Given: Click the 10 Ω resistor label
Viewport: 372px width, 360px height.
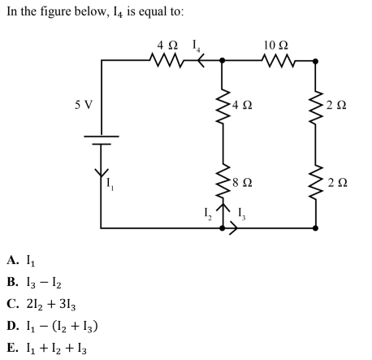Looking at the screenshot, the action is pyautogui.click(x=276, y=46).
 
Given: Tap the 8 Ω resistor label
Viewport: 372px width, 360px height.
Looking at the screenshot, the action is pyautogui.click(x=242, y=182).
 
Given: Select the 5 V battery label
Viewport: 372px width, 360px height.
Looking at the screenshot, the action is pyautogui.click(x=84, y=105).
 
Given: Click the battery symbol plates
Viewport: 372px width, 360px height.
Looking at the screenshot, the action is pyautogui.click(x=102, y=140).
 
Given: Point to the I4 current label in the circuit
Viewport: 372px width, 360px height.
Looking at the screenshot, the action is pyautogui.click(x=197, y=46).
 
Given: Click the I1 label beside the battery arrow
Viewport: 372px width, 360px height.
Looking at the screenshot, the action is pyautogui.click(x=110, y=184).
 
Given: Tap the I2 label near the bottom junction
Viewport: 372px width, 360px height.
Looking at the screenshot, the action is pyautogui.click(x=208, y=214).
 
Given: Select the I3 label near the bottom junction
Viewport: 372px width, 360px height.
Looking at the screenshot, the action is pyautogui.click(x=242, y=214).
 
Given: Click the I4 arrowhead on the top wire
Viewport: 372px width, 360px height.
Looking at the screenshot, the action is pyautogui.click(x=201, y=60).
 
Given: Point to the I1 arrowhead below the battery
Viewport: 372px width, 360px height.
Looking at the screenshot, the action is pyautogui.click(x=102, y=172).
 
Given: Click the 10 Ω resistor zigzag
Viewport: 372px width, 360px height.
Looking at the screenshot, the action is pyautogui.click(x=278, y=61).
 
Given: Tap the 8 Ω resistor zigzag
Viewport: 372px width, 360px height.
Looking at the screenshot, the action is pyautogui.click(x=223, y=180).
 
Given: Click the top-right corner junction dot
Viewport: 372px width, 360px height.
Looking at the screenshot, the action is pyautogui.click(x=315, y=61).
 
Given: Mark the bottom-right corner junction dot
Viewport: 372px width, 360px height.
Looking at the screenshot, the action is pyautogui.click(x=315, y=228).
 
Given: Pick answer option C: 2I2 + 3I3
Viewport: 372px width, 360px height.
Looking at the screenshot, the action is pyautogui.click(x=51, y=305).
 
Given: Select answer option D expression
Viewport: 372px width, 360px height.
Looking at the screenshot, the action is pyautogui.click(x=62, y=327).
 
